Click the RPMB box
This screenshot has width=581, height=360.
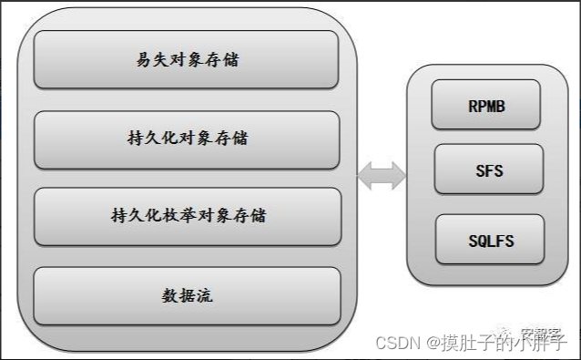coord(486,105)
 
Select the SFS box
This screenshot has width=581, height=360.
coord(489,170)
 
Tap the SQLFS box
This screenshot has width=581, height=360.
coord(489,241)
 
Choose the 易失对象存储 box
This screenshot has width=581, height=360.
coord(187,61)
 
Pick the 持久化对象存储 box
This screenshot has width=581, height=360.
coord(187,139)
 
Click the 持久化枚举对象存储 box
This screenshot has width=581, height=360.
coord(187,216)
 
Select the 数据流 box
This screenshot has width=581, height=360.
coord(187,295)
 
